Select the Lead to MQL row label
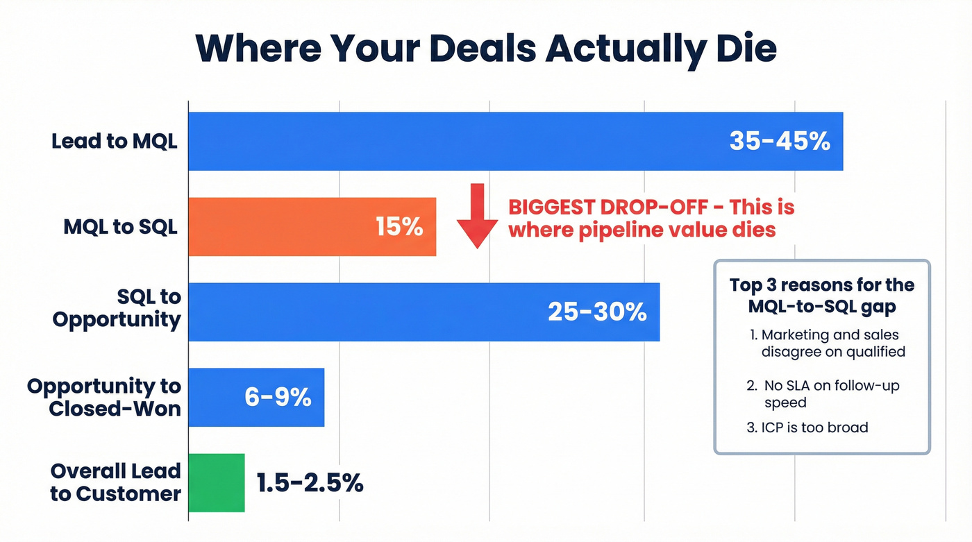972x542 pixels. pos(115,142)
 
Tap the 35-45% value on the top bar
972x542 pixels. pos(780,142)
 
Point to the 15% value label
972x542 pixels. pos(399,227)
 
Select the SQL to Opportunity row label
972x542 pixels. pos(116,308)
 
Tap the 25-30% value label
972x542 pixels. pos(597,312)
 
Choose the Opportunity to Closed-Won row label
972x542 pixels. pos(104,397)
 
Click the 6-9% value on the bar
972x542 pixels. pos(278,398)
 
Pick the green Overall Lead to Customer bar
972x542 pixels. pos(217,483)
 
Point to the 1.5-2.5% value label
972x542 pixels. pos(310,483)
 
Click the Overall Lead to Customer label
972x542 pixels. pos(115,483)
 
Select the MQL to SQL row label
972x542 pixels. pos(120,227)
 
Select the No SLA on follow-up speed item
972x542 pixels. pos(826,393)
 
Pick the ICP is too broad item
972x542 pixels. pos(807,427)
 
